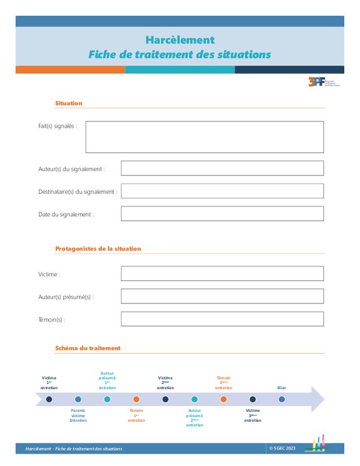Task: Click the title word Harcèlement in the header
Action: coord(180,40)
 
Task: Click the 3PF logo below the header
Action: coord(323,82)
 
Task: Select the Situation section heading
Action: coord(69,103)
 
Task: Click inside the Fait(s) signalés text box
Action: coord(204,137)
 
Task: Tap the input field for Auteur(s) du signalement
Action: coord(222,168)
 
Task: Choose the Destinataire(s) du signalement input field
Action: coord(222,191)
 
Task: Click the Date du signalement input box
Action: coord(222,214)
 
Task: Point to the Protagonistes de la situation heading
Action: coord(98,249)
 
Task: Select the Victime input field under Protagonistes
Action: coord(222,274)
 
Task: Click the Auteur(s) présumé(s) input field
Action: coord(222,296)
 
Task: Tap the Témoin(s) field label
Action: coord(52,319)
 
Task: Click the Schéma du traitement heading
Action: coord(88,348)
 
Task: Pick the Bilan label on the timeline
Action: coord(282,388)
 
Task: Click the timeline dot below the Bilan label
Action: coord(282,400)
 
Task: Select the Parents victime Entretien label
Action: coord(78,415)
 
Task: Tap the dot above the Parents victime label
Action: coord(78,400)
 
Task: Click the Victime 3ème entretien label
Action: coord(253,415)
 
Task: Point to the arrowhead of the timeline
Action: coord(317,400)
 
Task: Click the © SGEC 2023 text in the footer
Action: coord(283,448)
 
